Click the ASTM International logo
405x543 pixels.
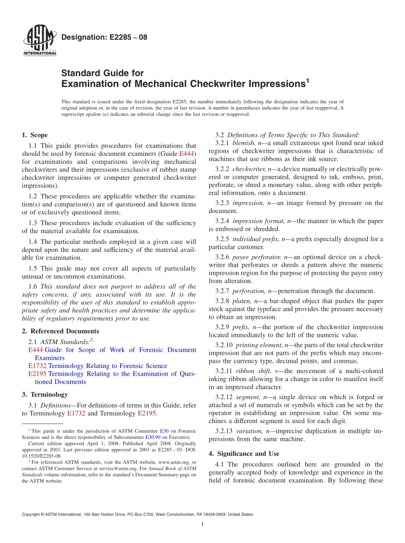(x=40, y=41)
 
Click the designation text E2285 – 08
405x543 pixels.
(x=104, y=37)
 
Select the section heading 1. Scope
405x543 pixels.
(x=35, y=135)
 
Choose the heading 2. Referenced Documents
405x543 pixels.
(x=61, y=331)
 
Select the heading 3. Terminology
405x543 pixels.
(x=45, y=394)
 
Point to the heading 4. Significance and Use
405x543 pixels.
(x=244, y=454)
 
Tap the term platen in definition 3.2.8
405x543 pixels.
(x=242, y=301)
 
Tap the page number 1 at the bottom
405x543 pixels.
(x=202, y=525)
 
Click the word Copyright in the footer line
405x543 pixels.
(x=32, y=514)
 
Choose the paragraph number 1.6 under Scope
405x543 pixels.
(x=33, y=287)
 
